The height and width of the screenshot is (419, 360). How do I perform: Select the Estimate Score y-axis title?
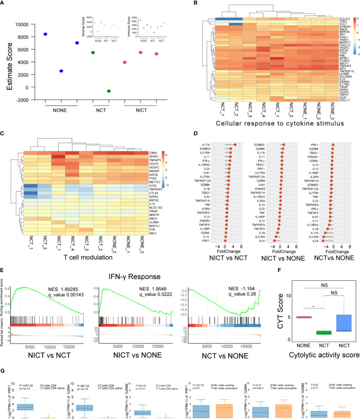pos(8,56)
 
